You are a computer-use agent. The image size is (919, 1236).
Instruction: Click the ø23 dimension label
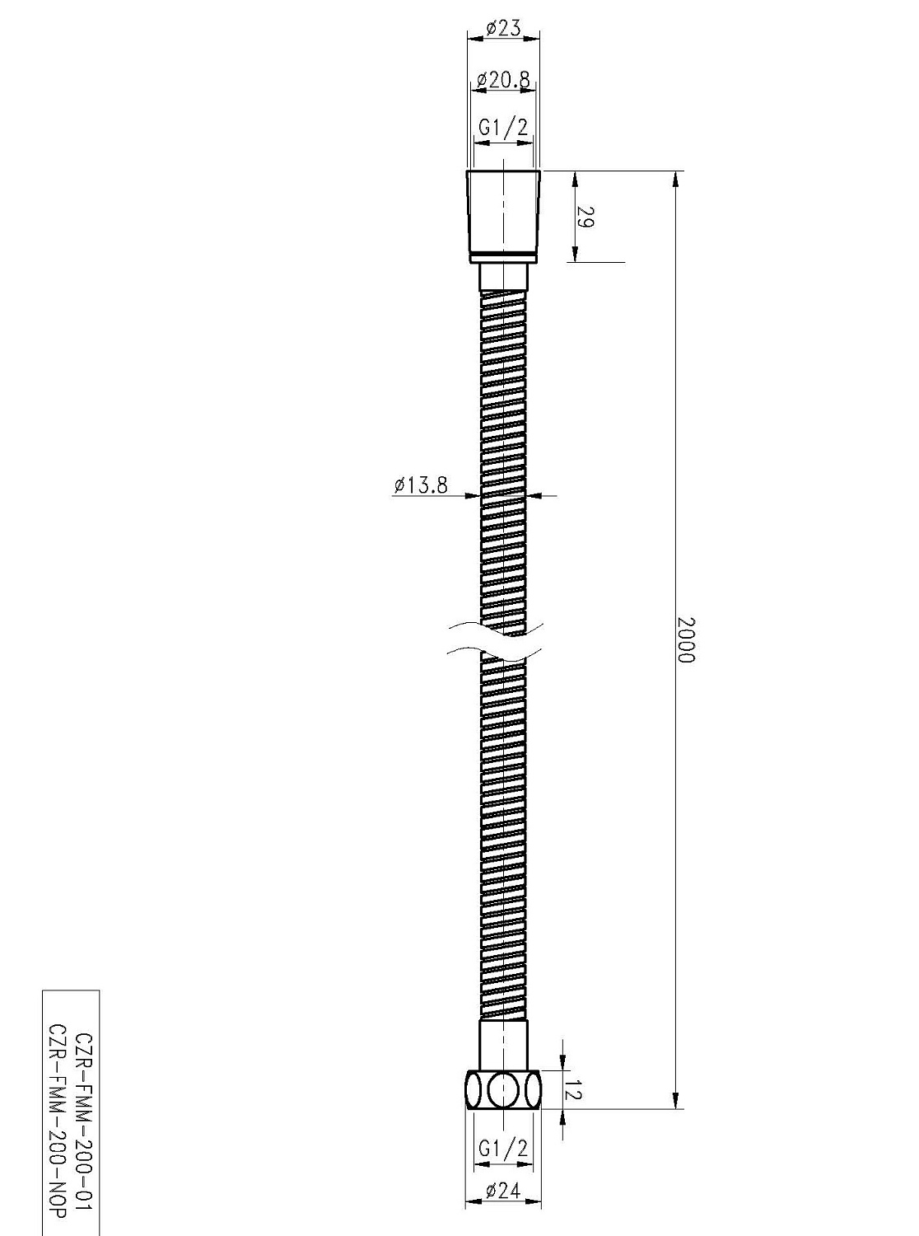503,28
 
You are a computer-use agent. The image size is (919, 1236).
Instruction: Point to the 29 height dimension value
585,218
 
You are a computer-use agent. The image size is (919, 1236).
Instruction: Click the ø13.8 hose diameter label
420,485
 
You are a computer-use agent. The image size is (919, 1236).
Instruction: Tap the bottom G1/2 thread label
503,1148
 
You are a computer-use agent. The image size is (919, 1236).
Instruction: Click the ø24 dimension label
503,1191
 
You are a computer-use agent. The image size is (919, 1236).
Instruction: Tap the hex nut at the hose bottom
503,1090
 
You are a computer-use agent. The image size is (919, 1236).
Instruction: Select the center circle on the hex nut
502,1090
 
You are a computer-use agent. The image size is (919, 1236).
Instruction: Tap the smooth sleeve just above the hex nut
503,1046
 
